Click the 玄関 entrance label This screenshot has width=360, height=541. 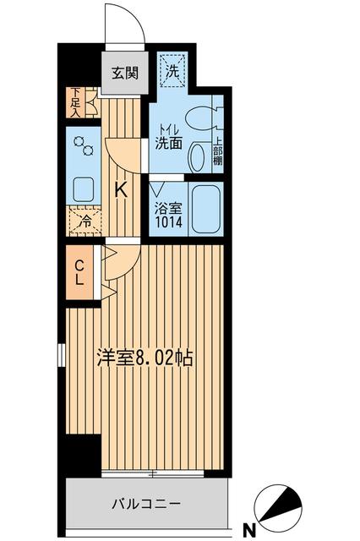pyautogui.click(x=123, y=73)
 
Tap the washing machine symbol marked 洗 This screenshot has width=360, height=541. pyautogui.click(x=172, y=74)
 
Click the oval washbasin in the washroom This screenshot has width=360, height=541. pyautogui.click(x=196, y=157)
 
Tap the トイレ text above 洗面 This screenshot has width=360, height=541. pyautogui.click(x=167, y=129)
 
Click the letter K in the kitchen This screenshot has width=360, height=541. pyautogui.click(x=122, y=190)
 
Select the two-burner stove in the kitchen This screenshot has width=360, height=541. pyautogui.click(x=84, y=145)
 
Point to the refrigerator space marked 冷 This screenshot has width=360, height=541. pyautogui.click(x=85, y=221)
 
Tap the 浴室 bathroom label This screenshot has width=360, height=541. pyautogui.click(x=167, y=207)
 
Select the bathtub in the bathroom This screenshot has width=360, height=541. pyautogui.click(x=205, y=208)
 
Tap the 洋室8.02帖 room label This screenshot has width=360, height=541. pyautogui.click(x=144, y=358)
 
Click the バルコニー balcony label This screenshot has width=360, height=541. pyautogui.click(x=146, y=504)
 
